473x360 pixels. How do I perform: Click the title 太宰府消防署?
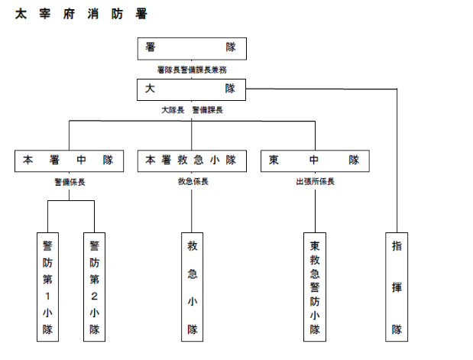pos(81,14)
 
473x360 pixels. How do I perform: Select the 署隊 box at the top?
pos(192,49)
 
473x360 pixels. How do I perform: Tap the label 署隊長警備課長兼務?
pos(192,70)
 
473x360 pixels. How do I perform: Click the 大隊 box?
pos(191,89)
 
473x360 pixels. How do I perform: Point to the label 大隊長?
pos(173,110)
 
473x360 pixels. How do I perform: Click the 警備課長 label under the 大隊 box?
pos(208,110)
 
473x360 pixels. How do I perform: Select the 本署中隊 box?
pos(69,161)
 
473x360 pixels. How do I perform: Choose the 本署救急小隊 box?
pos(192,161)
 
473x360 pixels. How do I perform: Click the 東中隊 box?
pos(315,161)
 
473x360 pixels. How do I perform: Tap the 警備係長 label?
pos(70,182)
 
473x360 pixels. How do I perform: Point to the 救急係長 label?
pos(193,181)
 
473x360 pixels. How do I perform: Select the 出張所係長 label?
pos(316,181)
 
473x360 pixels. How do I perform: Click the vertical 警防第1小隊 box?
pos(47,287)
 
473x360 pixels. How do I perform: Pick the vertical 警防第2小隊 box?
pos(95,287)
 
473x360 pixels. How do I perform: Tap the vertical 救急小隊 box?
pos(192,287)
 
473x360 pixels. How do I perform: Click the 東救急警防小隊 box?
pos(315,287)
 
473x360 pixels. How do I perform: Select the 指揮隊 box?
pos(397,287)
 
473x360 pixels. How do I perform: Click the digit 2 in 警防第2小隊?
pos(95,297)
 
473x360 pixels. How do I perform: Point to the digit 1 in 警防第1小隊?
pos(47,297)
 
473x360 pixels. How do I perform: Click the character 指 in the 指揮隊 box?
pos(397,246)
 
